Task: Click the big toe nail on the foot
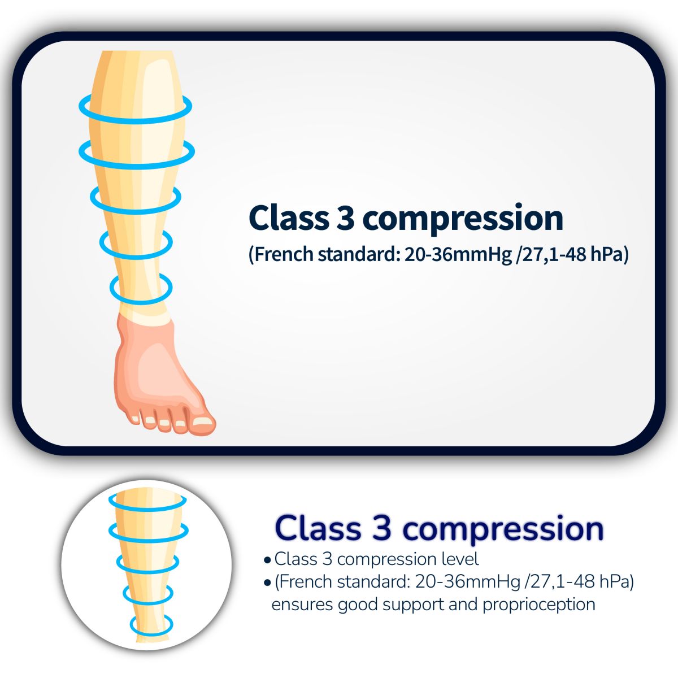tap(203, 420)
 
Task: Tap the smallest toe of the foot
tap(134, 416)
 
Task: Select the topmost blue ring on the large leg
tap(136, 108)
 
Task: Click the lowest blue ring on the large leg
tap(141, 289)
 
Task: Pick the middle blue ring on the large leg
tap(136, 200)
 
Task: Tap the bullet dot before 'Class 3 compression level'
tap(267, 560)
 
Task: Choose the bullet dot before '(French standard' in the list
tap(267, 583)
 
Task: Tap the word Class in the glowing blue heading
tap(319, 528)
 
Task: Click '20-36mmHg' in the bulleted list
tap(468, 583)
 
